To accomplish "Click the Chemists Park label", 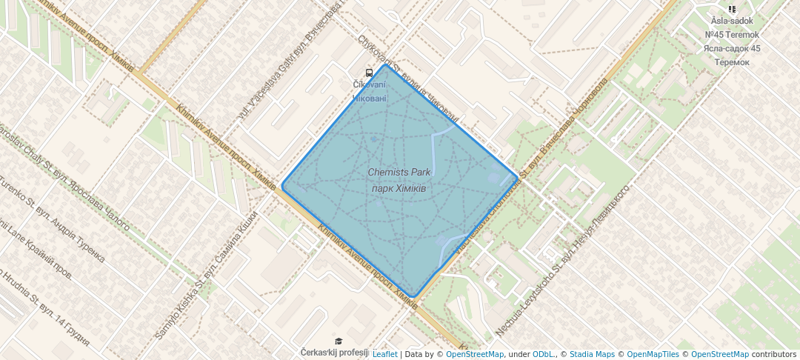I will pos(399,173).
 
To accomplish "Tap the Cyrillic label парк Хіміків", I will pos(399,187).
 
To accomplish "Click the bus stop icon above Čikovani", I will pos(369,73).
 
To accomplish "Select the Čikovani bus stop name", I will pos(369,85).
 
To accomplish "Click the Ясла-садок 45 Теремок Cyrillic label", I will pos(732,55).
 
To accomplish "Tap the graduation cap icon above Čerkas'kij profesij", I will pos(339,341).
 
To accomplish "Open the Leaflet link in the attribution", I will pos(384,355).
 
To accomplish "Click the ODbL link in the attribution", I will pos(544,355).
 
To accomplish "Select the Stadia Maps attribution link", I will pos(591,355).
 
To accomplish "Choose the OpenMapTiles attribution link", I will pos(651,355).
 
